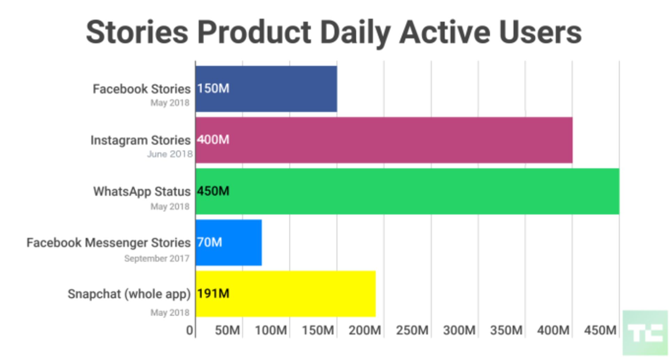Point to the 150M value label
[x=213, y=89]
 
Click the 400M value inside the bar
[x=213, y=140]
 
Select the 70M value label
[x=209, y=242]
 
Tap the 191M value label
[x=213, y=293]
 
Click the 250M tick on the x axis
[x=412, y=330]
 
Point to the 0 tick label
[x=190, y=330]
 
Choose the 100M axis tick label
[x=271, y=330]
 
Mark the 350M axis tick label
[x=506, y=330]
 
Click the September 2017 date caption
[x=157, y=259]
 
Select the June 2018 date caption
[x=170, y=154]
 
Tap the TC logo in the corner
[x=645, y=333]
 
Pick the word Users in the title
[x=540, y=32]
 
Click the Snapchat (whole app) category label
[x=129, y=294]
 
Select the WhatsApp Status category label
[x=142, y=192]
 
